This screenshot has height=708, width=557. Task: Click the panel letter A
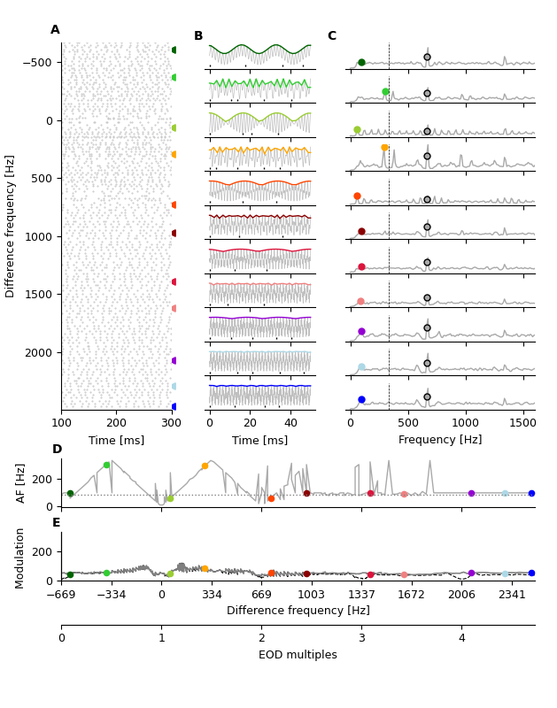point(55,30)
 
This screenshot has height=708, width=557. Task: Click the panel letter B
point(198,36)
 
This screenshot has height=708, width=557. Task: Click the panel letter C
point(331,36)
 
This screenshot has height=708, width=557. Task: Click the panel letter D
point(57,450)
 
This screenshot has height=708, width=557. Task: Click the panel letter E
point(57,523)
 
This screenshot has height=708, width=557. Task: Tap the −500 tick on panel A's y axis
point(37,63)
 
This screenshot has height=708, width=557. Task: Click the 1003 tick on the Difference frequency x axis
point(312,595)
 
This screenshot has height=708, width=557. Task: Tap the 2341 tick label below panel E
point(512,595)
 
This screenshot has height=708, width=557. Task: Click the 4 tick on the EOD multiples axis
point(461,638)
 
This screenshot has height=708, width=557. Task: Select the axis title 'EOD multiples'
point(298,656)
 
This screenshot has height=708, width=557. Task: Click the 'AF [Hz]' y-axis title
point(21,482)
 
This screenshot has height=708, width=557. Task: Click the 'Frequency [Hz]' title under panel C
point(440,440)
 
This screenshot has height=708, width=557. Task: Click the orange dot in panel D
point(205,466)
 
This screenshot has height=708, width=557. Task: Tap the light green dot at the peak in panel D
point(106,465)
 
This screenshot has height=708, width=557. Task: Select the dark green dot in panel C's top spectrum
point(361,62)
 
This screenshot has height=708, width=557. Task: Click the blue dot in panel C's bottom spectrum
point(361,399)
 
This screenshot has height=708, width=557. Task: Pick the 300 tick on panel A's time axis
point(172,423)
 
